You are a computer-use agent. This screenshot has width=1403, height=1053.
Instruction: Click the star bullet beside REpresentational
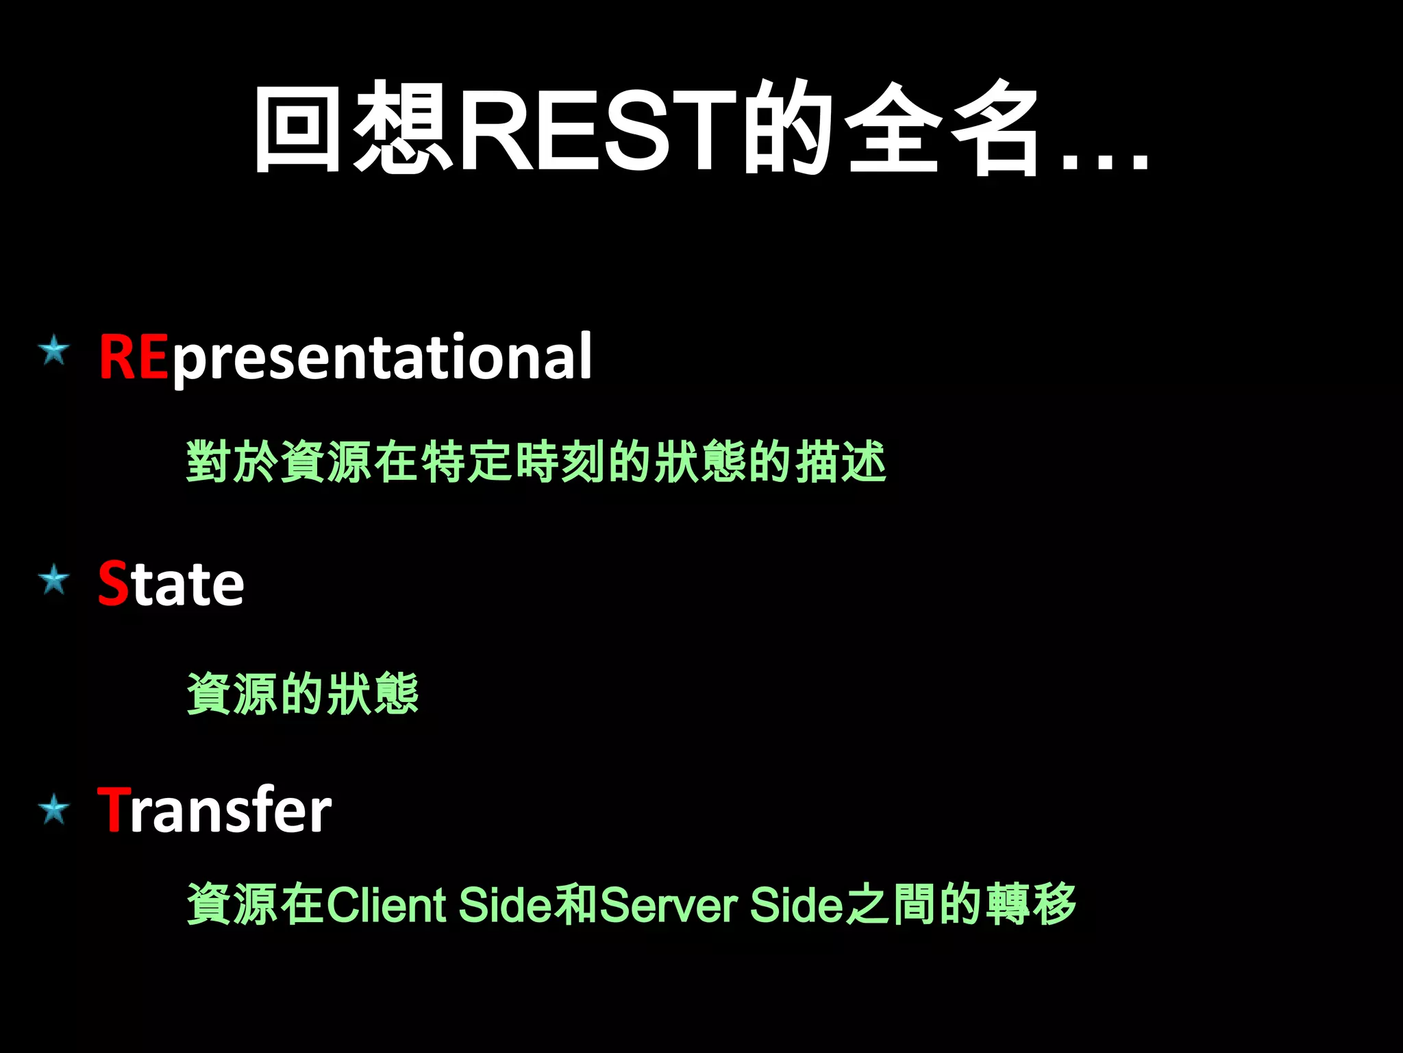click(x=54, y=351)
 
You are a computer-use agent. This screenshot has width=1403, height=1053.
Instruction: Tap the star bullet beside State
click(x=54, y=581)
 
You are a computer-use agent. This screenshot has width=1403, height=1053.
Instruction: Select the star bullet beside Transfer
click(x=54, y=810)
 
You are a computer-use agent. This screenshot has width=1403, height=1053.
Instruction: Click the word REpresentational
click(x=345, y=357)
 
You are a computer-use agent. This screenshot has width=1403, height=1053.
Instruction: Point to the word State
click(x=171, y=584)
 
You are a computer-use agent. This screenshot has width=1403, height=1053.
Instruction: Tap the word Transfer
click(x=214, y=811)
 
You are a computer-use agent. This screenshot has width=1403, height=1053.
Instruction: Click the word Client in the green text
click(x=387, y=905)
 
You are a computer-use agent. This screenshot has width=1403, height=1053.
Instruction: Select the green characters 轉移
click(x=1031, y=904)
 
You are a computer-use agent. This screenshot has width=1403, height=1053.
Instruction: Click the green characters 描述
click(x=841, y=461)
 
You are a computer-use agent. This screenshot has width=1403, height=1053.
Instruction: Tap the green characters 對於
click(x=232, y=461)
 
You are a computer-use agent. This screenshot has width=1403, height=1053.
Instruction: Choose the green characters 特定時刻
click(x=513, y=461)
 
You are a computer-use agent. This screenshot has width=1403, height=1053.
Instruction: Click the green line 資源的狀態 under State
click(x=302, y=693)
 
